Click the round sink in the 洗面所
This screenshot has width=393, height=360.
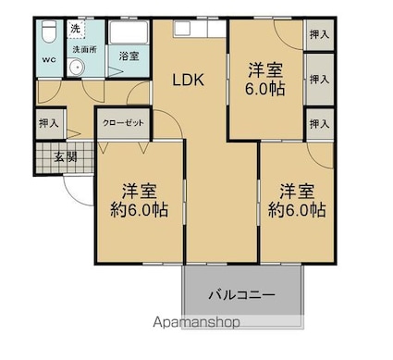78,66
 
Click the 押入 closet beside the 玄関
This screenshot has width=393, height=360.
50,122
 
